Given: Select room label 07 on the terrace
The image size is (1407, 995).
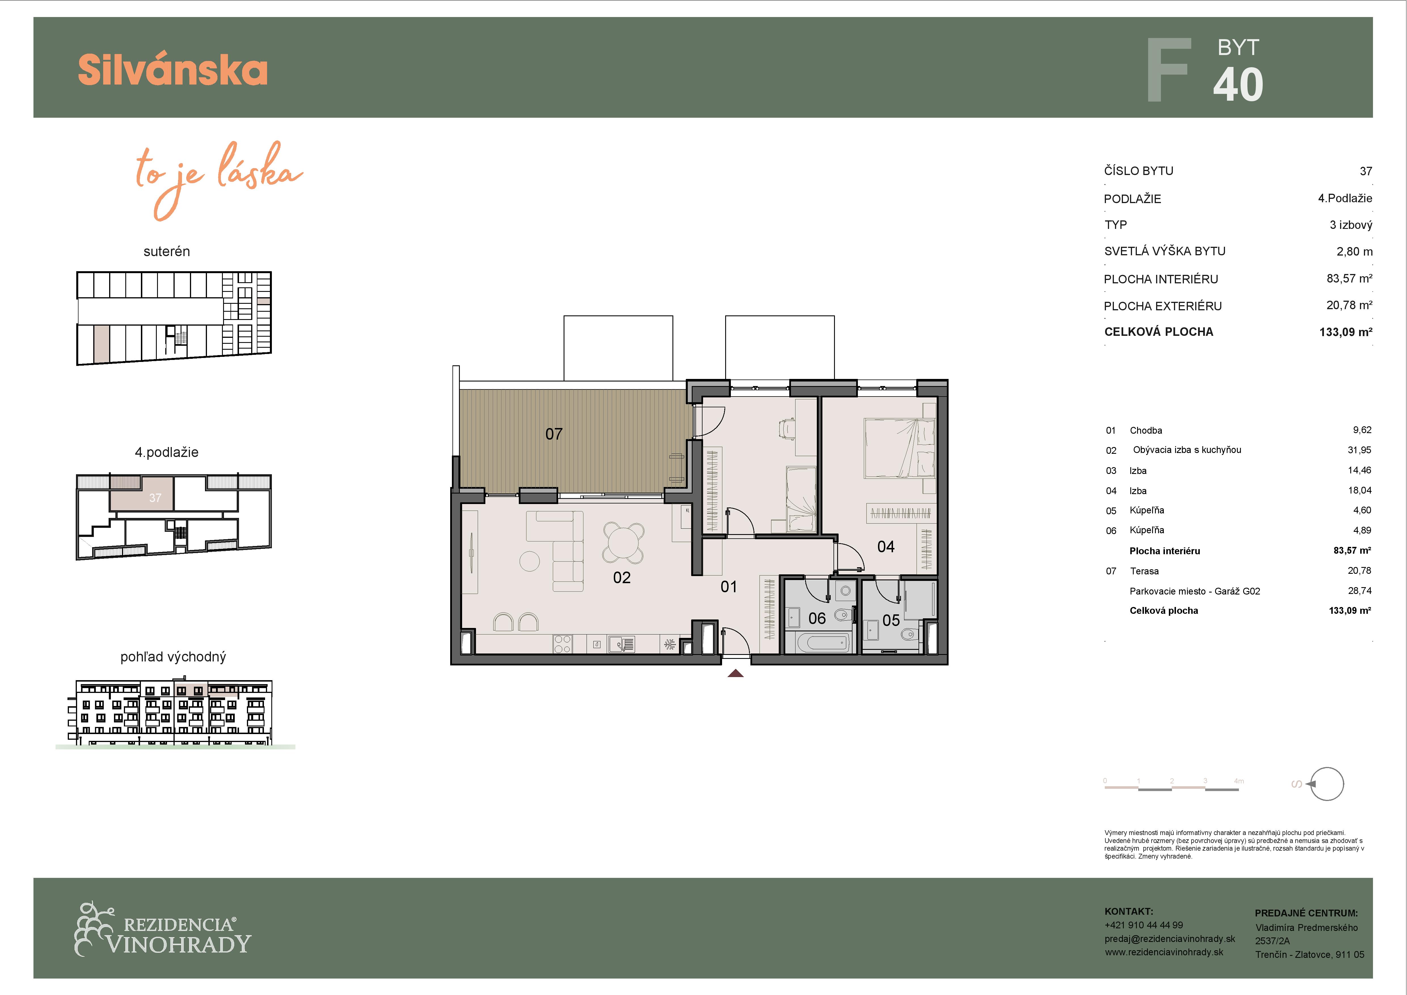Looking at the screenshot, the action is pyautogui.click(x=554, y=434).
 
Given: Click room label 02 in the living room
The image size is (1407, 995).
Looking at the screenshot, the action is pyautogui.click(x=622, y=577).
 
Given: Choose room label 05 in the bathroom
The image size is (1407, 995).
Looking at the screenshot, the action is pyautogui.click(x=891, y=620).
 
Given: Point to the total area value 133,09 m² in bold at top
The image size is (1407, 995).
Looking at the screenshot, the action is pyautogui.click(x=1346, y=332).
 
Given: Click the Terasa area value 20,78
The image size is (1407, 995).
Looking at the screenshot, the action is pyautogui.click(x=1359, y=571).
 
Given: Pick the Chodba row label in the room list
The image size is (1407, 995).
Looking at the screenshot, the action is pyautogui.click(x=1146, y=430).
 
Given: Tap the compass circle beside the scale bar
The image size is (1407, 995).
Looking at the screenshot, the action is pyautogui.click(x=1327, y=784).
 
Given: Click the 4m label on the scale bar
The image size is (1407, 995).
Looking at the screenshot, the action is pyautogui.click(x=1239, y=781).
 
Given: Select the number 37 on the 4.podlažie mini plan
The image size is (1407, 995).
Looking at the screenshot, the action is pyautogui.click(x=155, y=498).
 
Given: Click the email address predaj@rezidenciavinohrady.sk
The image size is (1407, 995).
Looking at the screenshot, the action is pyautogui.click(x=1169, y=939).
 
